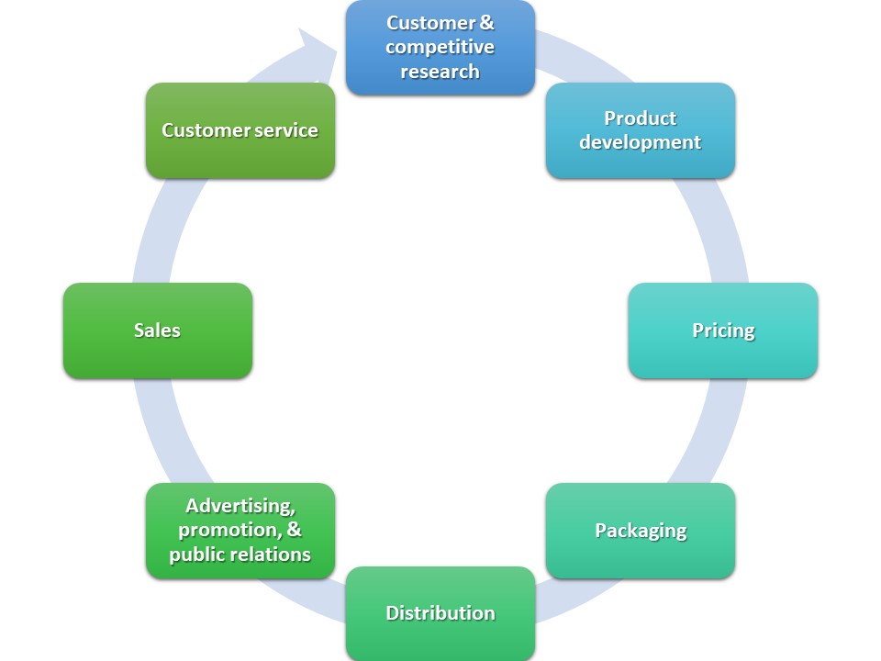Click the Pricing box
(723, 330)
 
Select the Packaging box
(641, 531)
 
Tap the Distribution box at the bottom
(440, 613)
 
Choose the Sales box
(157, 330)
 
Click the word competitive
(440, 47)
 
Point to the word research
(440, 72)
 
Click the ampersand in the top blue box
(487, 22)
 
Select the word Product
(641, 118)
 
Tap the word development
(641, 142)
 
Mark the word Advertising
(240, 506)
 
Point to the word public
(197, 555)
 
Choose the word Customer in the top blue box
(430, 22)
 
